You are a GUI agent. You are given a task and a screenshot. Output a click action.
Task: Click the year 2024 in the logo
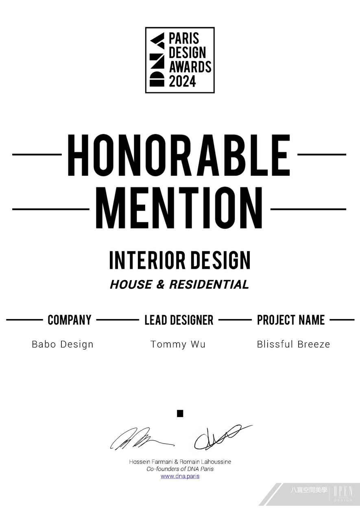182,81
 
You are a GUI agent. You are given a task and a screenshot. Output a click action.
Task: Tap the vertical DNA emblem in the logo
157,59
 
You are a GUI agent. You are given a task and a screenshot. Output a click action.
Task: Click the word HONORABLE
179,155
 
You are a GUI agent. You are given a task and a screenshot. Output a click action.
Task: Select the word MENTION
179,207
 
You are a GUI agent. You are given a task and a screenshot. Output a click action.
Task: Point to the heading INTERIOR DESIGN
180,260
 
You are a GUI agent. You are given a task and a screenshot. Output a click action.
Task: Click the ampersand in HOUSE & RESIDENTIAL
160,285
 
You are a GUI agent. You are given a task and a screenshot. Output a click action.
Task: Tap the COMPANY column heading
70,320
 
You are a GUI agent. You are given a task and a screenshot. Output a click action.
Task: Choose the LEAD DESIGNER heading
179,320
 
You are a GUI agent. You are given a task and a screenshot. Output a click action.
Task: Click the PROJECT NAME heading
291,320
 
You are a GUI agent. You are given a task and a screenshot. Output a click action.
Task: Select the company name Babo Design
63,344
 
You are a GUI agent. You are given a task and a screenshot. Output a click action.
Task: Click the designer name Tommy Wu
178,344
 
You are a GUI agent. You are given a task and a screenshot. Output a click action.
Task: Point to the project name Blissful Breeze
293,344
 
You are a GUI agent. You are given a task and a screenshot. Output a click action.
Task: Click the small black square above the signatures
180,414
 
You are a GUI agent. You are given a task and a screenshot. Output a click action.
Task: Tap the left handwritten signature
142,439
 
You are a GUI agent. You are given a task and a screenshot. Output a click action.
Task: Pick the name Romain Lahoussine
205,461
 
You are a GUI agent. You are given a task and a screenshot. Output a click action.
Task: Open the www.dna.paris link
180,476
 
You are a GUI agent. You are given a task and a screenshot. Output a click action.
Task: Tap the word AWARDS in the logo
190,67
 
